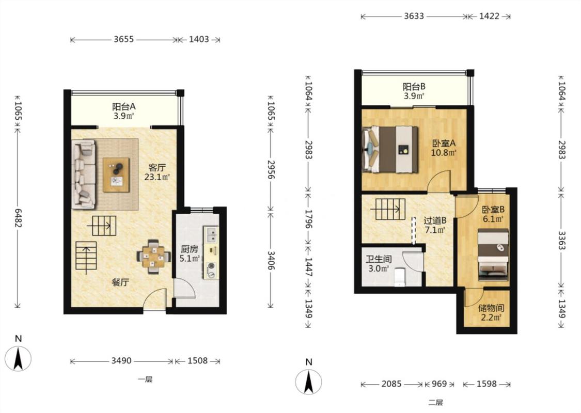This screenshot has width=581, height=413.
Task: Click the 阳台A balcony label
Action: (124, 107)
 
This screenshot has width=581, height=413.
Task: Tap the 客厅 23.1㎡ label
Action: (157, 172)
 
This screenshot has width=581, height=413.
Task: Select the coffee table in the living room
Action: (116, 175)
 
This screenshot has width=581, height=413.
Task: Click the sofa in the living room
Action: (83, 174)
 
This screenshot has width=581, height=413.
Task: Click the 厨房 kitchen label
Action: (190, 249)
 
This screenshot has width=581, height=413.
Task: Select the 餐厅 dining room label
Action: (120, 282)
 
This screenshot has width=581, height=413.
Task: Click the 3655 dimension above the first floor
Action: (124, 39)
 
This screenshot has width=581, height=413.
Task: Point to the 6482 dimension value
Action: (18, 218)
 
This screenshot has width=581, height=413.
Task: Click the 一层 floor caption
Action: (145, 379)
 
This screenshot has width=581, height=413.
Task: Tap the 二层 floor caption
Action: (435, 403)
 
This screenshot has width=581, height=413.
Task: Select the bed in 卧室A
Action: (390, 150)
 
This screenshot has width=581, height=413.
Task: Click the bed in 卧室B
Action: (493, 255)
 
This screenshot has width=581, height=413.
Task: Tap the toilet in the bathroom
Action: (400, 277)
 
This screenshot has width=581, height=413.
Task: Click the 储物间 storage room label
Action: (491, 308)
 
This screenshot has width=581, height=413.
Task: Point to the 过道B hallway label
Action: (435, 220)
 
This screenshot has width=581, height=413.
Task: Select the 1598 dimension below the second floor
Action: (486, 384)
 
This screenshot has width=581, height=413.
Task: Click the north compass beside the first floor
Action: (18, 358)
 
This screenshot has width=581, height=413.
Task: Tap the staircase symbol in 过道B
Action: (388, 209)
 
